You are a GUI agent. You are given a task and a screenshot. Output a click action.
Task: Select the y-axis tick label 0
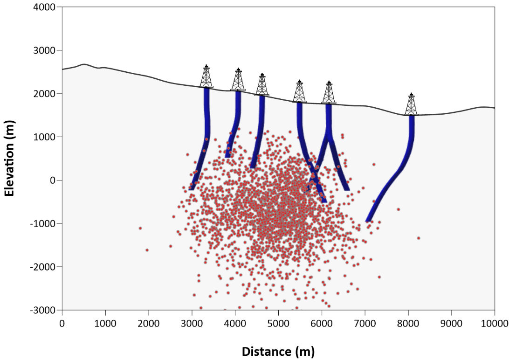(53, 180)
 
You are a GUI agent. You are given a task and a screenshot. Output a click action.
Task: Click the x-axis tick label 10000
(494, 322)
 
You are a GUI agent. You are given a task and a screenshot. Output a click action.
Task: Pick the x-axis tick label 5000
(278, 322)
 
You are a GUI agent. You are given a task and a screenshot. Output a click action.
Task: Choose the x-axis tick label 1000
(105, 322)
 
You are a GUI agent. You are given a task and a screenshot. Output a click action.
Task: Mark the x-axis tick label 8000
(408, 322)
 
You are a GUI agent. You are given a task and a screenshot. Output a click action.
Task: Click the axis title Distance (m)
(278, 351)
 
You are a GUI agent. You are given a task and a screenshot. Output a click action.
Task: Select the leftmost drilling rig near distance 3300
(206, 76)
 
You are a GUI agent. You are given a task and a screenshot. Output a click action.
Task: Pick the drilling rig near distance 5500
(299, 91)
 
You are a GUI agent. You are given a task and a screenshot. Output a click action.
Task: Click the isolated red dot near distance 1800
(140, 228)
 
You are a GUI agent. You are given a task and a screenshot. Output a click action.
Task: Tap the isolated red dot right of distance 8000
(419, 238)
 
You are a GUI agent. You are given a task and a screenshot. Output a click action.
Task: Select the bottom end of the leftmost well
(191, 188)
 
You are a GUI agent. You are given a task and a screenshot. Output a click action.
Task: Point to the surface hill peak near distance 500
(84, 64)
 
